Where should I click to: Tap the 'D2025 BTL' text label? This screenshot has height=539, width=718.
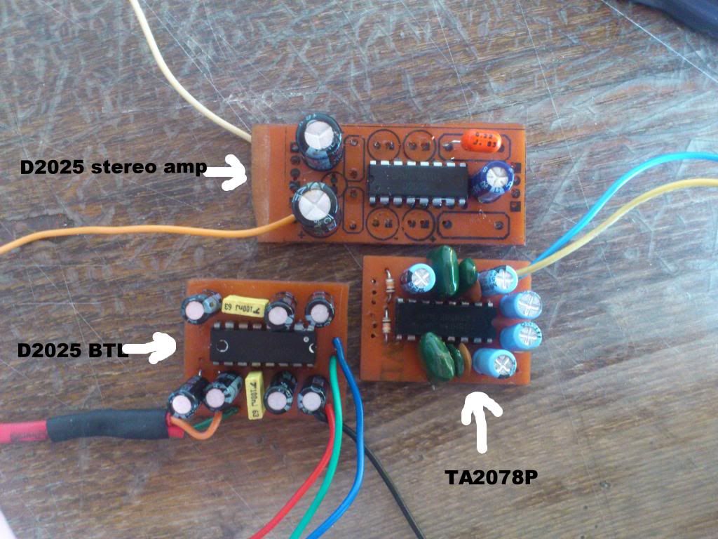(x=72, y=349)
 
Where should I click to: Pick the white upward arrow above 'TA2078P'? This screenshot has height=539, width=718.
(x=482, y=420)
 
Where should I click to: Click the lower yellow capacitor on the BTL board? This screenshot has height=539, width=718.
(x=255, y=397)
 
